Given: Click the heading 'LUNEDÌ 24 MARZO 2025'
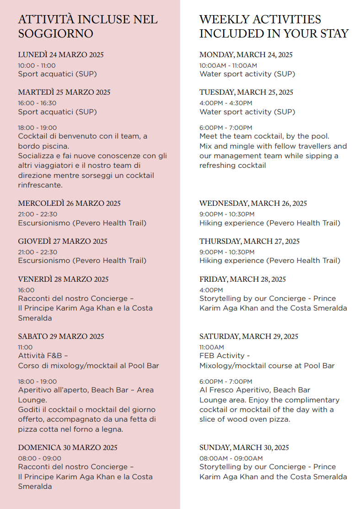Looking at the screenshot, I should coord(61,55).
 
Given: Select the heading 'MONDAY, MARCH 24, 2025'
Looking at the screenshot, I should coord(246,55).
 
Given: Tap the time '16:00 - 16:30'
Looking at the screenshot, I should coord(37,103).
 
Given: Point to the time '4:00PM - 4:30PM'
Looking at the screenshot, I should coord(226,103).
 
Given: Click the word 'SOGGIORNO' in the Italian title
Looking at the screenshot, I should coord(55,34).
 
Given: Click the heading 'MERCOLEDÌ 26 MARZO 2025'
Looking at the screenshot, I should coord(69,204).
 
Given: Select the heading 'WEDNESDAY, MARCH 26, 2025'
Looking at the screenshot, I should coord(253,204).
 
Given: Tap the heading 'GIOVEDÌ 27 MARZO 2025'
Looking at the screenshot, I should coord(63,241).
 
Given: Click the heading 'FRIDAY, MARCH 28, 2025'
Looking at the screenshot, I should coord(242,279).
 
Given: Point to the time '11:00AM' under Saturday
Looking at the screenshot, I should coord(212,347).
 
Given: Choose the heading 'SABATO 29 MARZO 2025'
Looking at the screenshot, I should coord(61,337).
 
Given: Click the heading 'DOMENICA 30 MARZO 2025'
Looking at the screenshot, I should coord(68,448).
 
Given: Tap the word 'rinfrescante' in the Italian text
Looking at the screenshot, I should coord(40,185).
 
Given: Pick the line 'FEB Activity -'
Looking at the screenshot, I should coord(225,355).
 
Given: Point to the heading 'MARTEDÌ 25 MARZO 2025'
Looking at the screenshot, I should coord(64,92).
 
